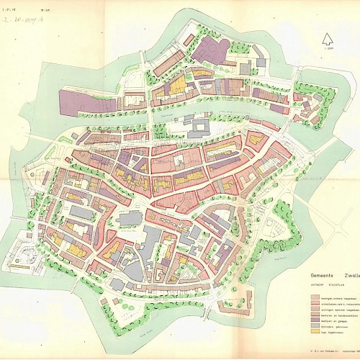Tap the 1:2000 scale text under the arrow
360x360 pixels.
click(329, 49)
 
